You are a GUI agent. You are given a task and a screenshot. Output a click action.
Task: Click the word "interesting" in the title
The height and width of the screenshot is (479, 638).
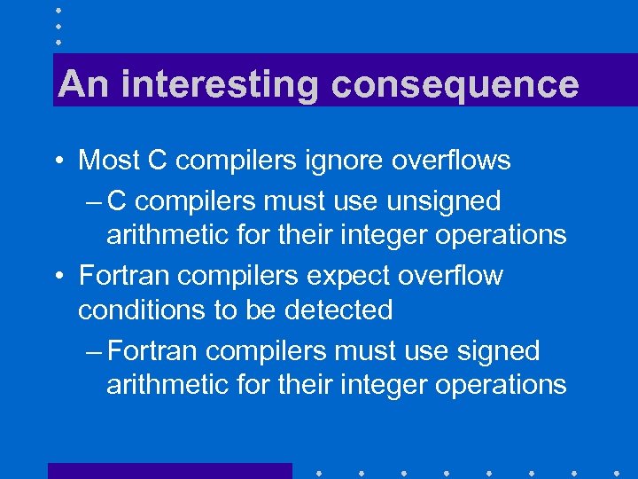tap(222, 85)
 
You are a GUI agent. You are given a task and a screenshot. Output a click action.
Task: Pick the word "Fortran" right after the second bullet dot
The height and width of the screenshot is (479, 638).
tap(125, 276)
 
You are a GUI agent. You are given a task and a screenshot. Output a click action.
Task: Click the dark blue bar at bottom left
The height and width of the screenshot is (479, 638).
tap(169, 470)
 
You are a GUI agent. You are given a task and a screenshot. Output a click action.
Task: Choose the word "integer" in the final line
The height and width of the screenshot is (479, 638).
tap(390, 384)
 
